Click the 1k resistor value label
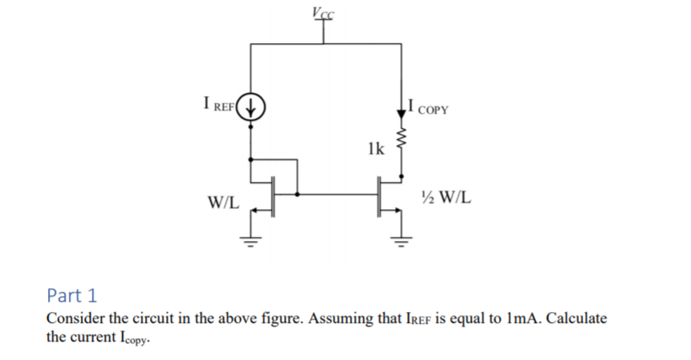[375, 149]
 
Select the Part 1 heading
[72, 296]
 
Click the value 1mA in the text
[527, 319]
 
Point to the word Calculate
[576, 319]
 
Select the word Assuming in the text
[337, 319]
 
